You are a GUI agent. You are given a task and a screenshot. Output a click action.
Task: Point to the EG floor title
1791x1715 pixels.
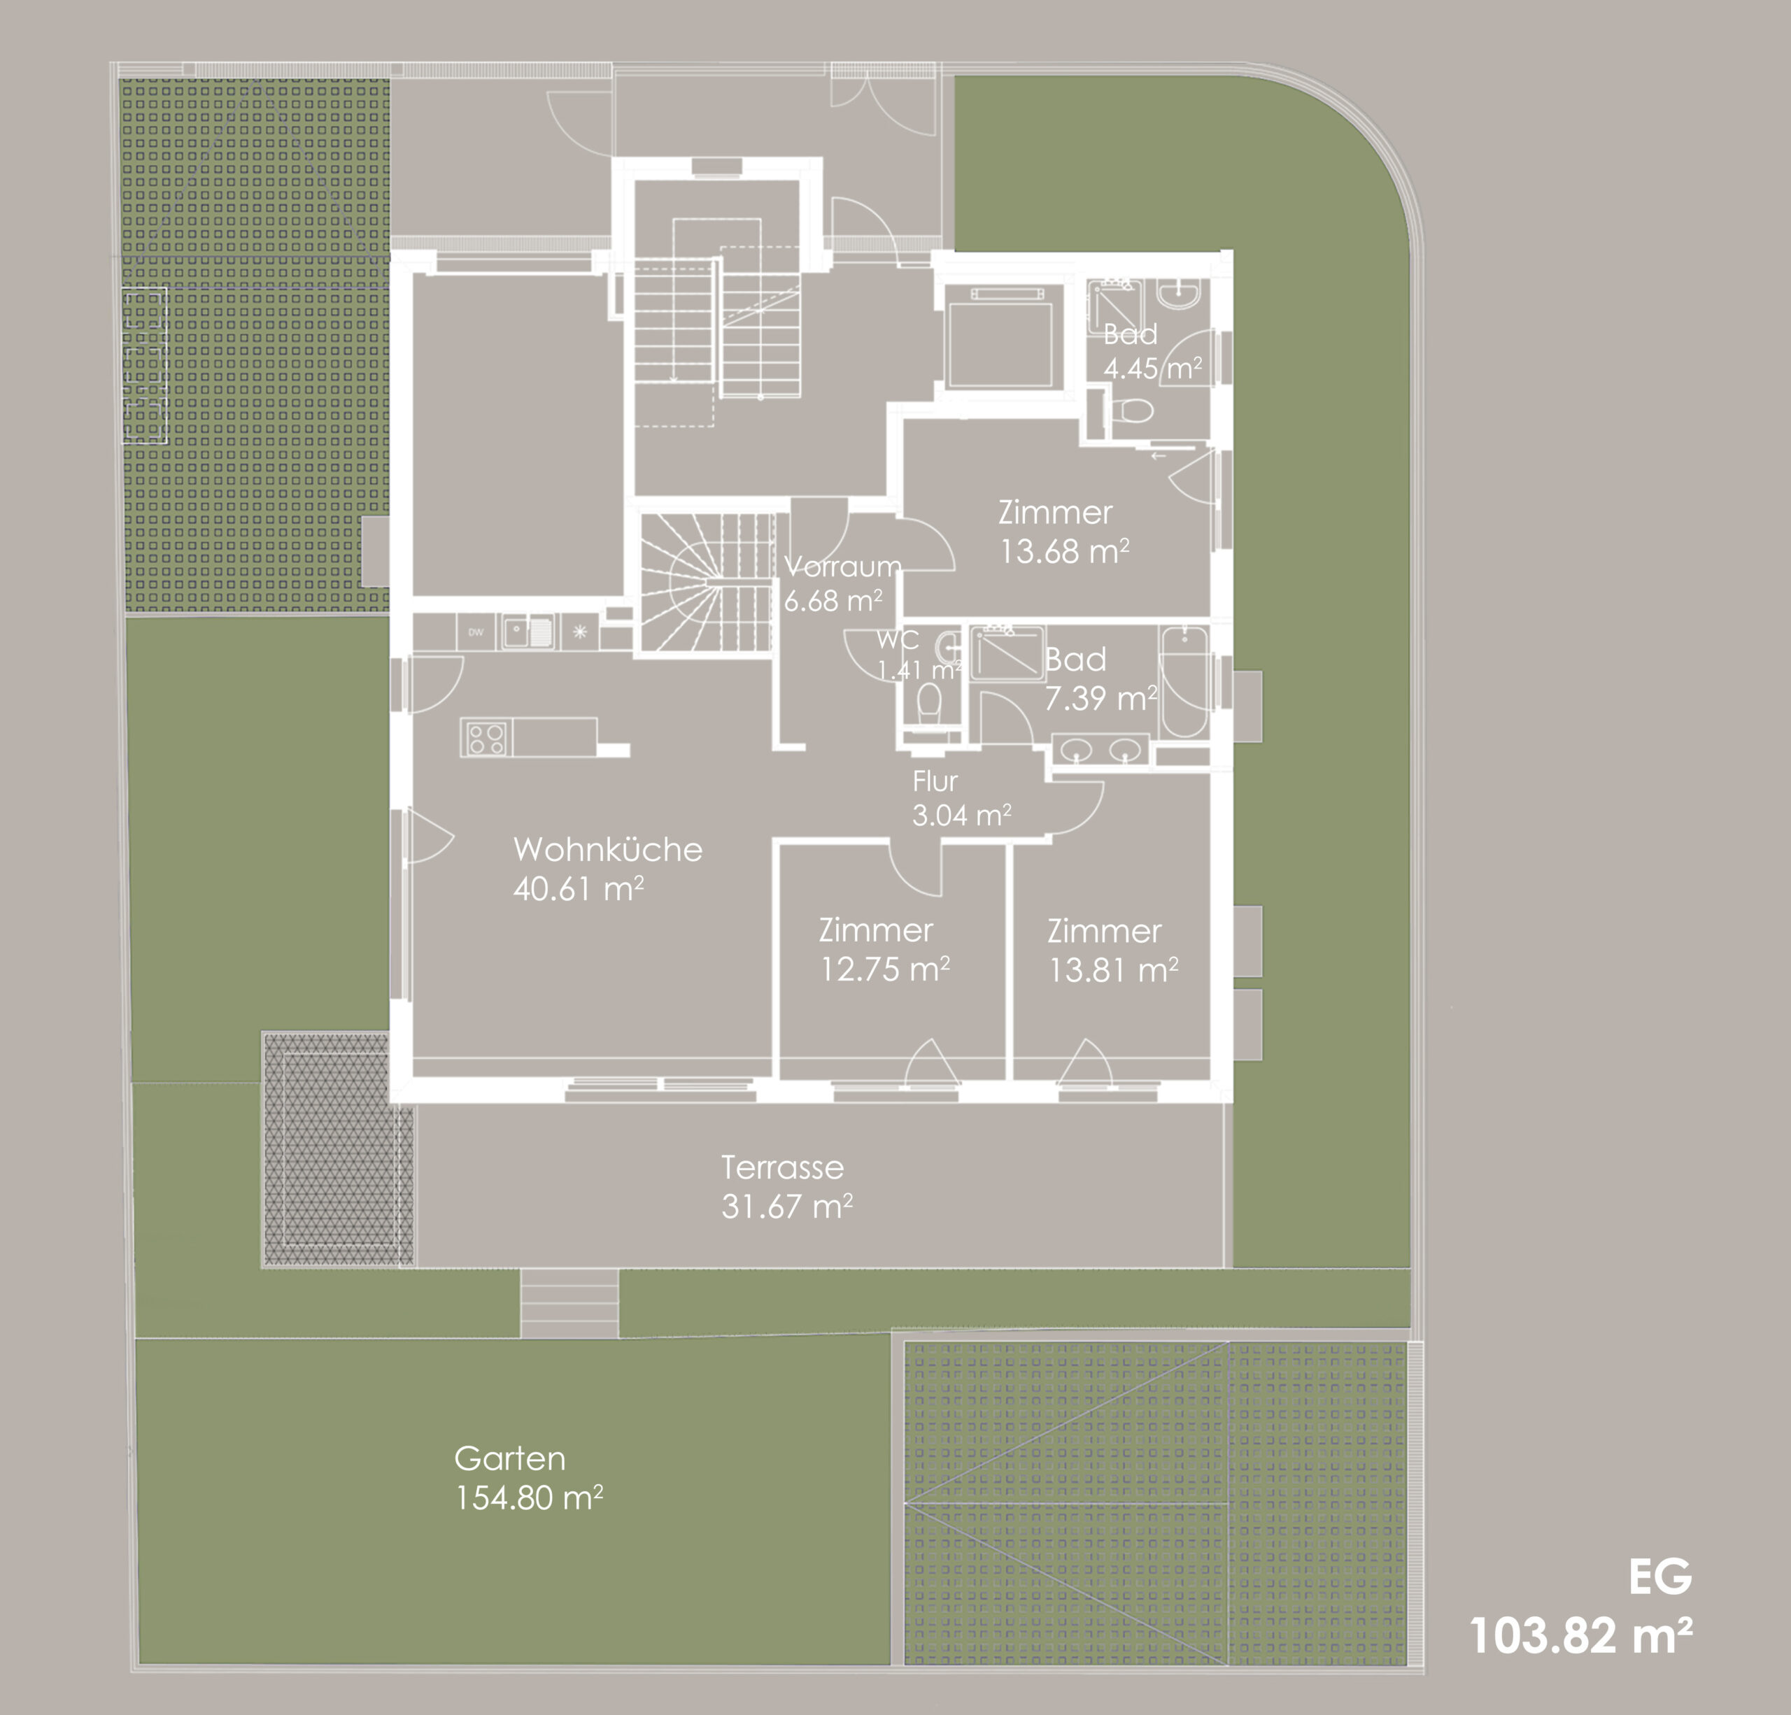pyautogui.click(x=1660, y=1577)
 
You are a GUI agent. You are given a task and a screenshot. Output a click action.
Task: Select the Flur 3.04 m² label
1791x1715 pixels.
pyautogui.click(x=961, y=797)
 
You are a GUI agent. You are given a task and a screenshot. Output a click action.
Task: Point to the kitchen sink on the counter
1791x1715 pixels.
pyautogui.click(x=528, y=632)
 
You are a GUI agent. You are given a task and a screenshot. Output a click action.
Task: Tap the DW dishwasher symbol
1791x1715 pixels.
pyautogui.click(x=476, y=632)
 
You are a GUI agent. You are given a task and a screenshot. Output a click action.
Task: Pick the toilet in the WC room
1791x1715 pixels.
pyautogui.click(x=929, y=704)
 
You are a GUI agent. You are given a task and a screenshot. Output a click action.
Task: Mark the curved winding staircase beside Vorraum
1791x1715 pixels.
pyautogui.click(x=705, y=582)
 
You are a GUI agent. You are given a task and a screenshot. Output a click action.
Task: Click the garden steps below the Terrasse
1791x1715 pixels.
pyautogui.click(x=569, y=1303)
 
